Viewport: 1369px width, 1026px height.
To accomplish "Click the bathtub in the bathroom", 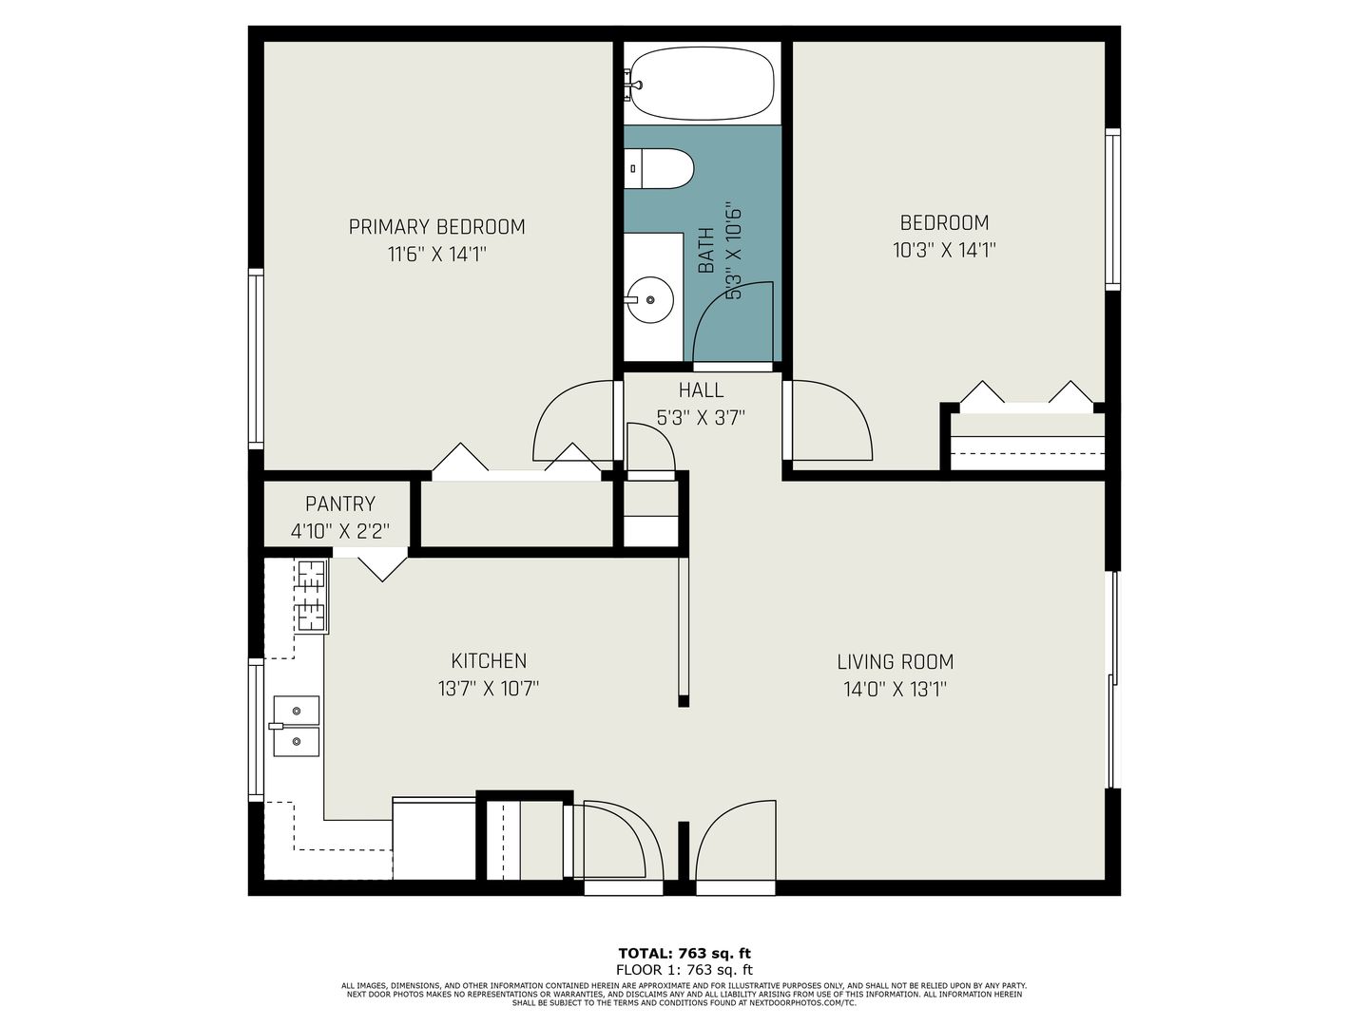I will coord(702,84).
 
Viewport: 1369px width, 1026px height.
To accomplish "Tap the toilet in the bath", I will coord(662,169).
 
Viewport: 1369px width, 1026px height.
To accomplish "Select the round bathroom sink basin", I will coord(650,300).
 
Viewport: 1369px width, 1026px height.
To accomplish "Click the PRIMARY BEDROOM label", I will coord(436,227).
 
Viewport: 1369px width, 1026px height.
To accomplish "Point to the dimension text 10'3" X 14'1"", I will coord(944,251).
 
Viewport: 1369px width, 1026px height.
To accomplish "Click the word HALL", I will coord(701,390).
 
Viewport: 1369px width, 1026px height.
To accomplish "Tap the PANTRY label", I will coord(339,504).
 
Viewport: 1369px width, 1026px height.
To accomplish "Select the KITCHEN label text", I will coord(489,661).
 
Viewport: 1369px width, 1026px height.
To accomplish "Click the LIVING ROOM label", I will coord(895,662).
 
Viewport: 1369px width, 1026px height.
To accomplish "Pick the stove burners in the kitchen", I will coord(312,597).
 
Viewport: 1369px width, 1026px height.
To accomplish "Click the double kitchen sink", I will coord(296,726).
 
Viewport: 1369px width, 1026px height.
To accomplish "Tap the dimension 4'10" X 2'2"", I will coord(339,531).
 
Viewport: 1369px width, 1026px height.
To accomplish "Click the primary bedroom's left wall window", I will coord(256,358).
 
